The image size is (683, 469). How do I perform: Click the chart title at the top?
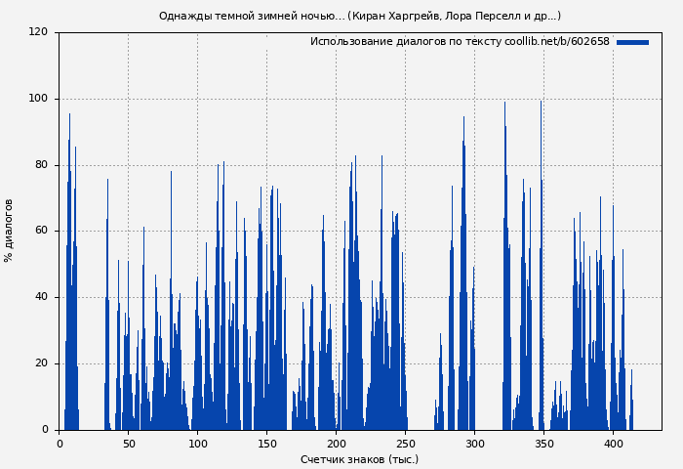click(359, 16)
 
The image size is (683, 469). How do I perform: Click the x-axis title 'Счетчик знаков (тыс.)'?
click(359, 459)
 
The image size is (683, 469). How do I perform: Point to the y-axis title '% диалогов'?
click(10, 231)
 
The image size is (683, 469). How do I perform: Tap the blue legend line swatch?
click(632, 42)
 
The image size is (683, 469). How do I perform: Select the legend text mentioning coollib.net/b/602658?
click(460, 42)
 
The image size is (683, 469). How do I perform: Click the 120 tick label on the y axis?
click(38, 32)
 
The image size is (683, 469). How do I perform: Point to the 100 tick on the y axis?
click(38, 99)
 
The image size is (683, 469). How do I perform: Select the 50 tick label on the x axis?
click(129, 443)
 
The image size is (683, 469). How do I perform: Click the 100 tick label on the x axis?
click(198, 443)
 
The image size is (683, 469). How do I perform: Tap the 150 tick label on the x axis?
click(267, 443)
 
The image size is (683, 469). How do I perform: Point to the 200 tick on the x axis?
click(337, 443)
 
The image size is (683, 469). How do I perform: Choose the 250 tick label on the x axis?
click(406, 443)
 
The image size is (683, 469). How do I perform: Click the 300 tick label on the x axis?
click(475, 443)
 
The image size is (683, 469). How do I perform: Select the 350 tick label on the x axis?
click(544, 443)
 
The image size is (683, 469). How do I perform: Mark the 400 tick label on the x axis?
click(614, 443)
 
